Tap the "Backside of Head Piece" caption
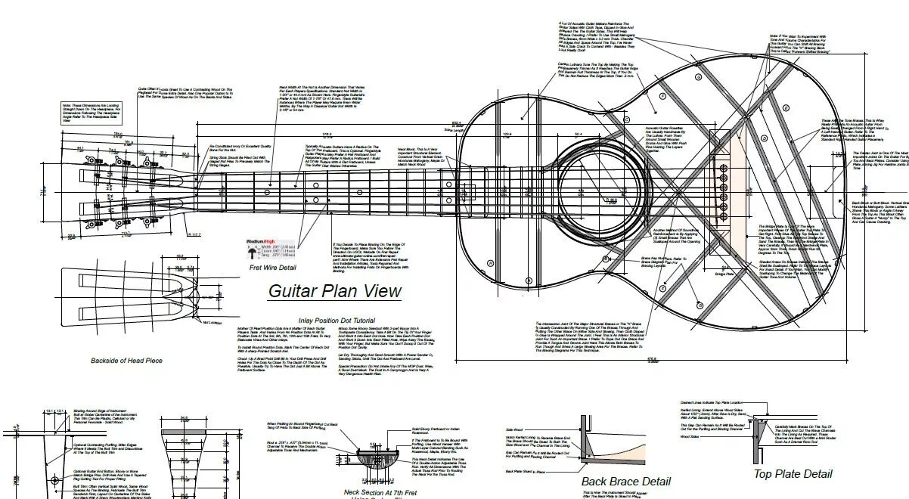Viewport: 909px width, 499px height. coord(126,361)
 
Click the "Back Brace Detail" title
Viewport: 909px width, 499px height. coord(625,481)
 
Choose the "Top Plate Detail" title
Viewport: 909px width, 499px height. coord(793,474)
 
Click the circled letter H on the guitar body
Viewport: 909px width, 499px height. coord(490,262)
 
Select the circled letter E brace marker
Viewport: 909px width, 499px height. coord(663,97)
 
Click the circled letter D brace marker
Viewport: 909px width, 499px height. coord(625,119)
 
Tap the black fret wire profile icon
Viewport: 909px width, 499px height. coord(250,249)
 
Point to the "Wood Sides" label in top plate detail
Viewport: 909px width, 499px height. coord(689,436)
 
